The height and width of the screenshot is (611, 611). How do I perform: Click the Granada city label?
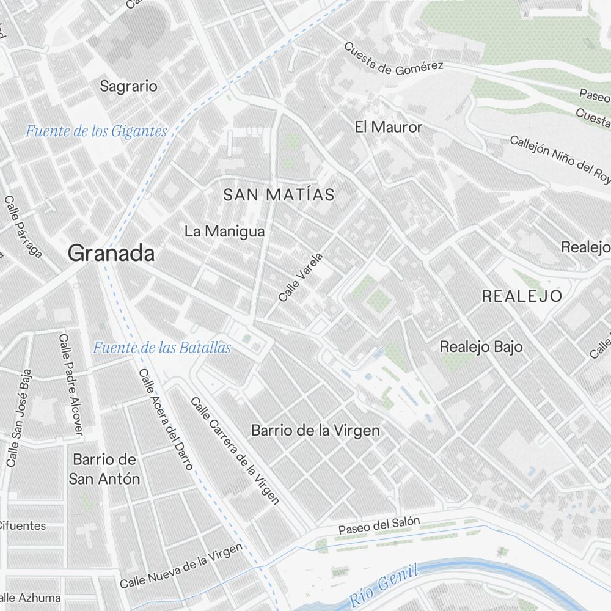coord(111,253)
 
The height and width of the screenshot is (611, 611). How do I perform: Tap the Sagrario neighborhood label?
coord(128,86)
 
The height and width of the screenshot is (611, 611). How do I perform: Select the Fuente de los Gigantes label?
coord(96,131)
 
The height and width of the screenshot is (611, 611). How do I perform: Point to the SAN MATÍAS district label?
coord(279,195)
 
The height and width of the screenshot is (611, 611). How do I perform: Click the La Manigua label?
coord(224,232)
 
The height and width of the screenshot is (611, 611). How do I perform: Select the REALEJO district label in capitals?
coord(522,296)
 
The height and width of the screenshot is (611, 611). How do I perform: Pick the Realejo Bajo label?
coord(481,347)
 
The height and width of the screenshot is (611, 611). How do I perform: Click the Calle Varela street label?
coord(299,277)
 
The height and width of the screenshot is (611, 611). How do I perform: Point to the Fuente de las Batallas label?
coord(162,348)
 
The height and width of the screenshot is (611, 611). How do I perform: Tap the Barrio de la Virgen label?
coord(315,431)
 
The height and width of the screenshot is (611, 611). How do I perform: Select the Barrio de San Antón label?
coord(104,469)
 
